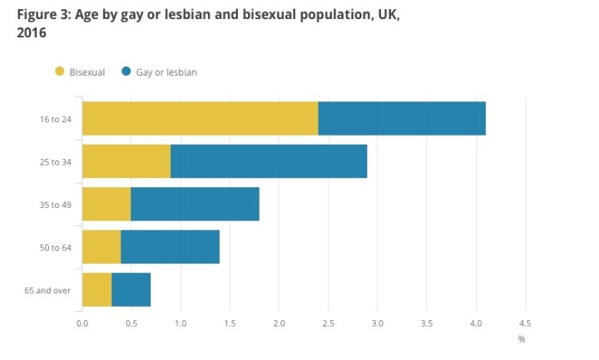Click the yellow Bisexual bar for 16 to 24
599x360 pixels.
click(x=200, y=118)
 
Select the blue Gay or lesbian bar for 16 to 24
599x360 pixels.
click(x=402, y=118)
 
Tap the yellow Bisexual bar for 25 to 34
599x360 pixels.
click(x=126, y=161)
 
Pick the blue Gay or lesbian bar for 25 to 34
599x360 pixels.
click(x=269, y=161)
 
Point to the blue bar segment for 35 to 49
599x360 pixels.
click(x=195, y=204)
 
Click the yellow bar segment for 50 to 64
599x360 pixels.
click(x=101, y=247)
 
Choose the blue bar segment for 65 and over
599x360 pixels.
click(x=131, y=289)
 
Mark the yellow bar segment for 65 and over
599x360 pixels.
click(x=97, y=289)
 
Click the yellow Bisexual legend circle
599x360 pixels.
click(x=59, y=72)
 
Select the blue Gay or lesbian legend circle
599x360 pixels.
click(x=126, y=72)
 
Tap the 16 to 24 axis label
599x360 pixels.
click(x=56, y=119)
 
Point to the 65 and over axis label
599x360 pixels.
click(x=51, y=290)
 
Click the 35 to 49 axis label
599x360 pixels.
click(x=56, y=205)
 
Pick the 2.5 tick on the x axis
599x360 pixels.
click(x=328, y=323)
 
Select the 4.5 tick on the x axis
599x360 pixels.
click(x=525, y=323)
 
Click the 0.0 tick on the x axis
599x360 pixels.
click(x=82, y=323)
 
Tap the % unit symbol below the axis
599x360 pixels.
click(x=522, y=338)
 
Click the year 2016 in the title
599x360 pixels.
click(x=30, y=32)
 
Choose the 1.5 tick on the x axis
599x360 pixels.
click(x=230, y=323)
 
